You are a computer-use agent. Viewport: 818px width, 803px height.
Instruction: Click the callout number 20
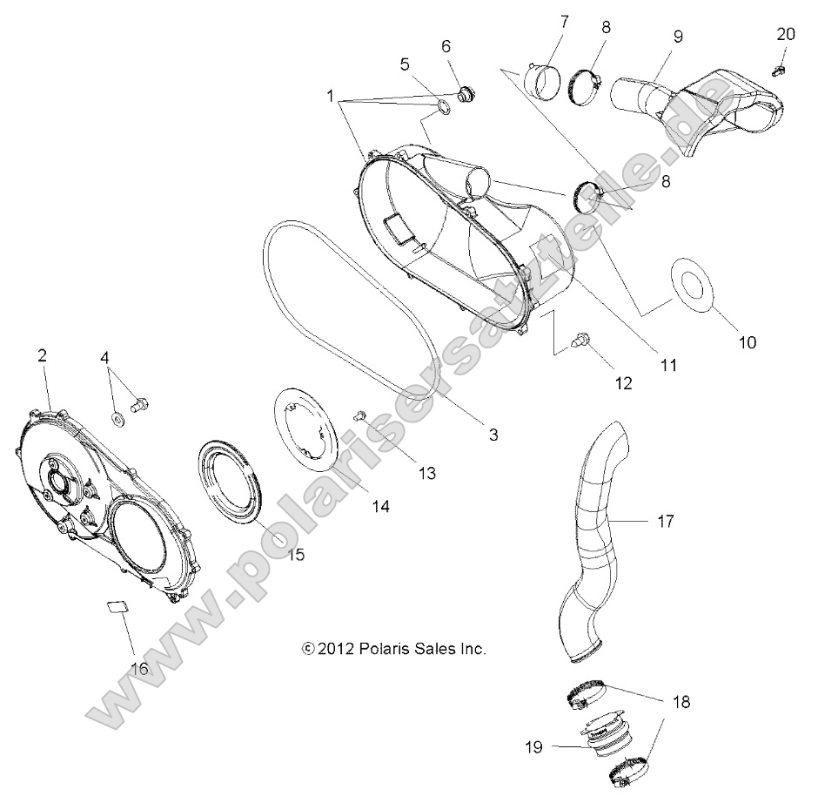coord(785,34)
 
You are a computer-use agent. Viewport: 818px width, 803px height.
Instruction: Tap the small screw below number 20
coord(781,65)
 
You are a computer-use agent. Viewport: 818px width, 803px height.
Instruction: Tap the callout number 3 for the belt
coord(493,433)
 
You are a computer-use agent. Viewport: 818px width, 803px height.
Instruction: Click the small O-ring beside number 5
coord(442,107)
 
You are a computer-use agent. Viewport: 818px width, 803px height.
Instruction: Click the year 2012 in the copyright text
coord(336,649)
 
